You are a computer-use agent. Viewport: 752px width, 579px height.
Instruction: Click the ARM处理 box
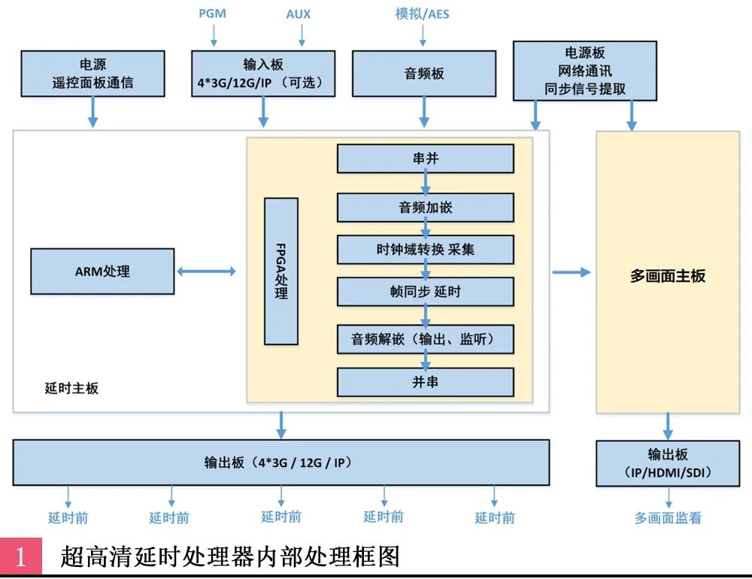[x=102, y=271]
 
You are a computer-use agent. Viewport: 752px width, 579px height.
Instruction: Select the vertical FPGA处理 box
[x=281, y=271]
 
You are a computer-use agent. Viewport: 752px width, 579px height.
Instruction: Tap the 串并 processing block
[x=425, y=159]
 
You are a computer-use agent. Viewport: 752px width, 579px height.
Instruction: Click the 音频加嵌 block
[x=425, y=208]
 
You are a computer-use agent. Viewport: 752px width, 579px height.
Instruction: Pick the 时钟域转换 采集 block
[x=425, y=250]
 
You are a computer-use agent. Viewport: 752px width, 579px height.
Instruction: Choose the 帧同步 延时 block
[x=425, y=292]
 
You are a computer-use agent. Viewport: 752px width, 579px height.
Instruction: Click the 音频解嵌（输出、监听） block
[x=425, y=339]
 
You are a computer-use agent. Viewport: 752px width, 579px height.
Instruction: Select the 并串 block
[x=425, y=382]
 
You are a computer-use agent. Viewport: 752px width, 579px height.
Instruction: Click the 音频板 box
[x=424, y=74]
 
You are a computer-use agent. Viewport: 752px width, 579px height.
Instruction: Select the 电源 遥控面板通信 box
[x=93, y=74]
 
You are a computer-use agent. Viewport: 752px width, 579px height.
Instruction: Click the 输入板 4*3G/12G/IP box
[x=263, y=74]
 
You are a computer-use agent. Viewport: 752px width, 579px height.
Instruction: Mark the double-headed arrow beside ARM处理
[x=206, y=271]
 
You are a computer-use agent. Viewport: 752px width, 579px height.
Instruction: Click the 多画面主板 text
[x=668, y=276]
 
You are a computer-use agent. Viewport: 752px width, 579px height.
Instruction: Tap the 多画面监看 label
[x=668, y=518]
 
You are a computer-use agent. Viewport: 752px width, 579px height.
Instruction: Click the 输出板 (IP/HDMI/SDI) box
[x=668, y=464]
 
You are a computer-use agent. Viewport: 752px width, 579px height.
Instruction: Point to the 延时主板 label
[x=71, y=389]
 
